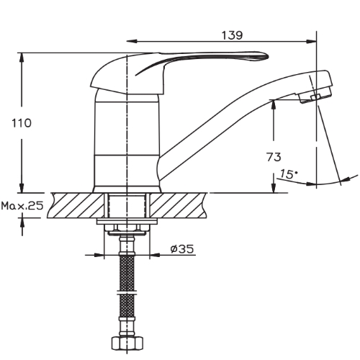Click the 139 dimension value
point(232,35)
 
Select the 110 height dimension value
point(22,123)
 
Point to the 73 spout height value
point(274,157)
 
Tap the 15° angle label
point(289,174)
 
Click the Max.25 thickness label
point(22,206)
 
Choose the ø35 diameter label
point(182,249)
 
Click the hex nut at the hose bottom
point(127,343)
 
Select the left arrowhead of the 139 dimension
point(132,42)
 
